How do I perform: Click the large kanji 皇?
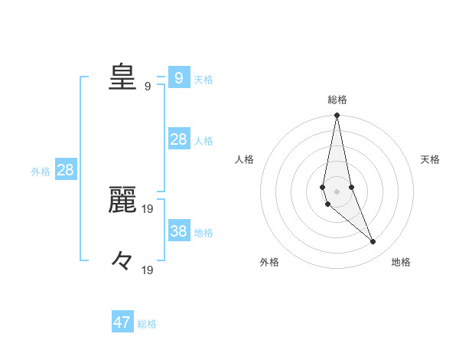click(x=122, y=77)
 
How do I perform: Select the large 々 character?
click(x=122, y=260)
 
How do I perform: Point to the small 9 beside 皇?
click(x=148, y=86)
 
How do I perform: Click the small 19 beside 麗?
click(x=148, y=208)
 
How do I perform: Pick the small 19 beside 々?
click(x=148, y=270)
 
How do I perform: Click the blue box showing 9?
click(x=178, y=77)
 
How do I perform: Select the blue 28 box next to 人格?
click(x=178, y=139)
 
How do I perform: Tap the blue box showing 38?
click(x=178, y=231)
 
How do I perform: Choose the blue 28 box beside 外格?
click(x=65, y=169)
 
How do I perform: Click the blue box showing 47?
click(x=122, y=322)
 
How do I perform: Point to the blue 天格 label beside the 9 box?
click(x=203, y=79)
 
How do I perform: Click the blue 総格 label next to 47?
click(x=147, y=324)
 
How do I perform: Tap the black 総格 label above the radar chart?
click(x=337, y=100)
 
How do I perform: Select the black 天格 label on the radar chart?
click(x=431, y=159)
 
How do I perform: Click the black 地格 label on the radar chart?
click(x=401, y=263)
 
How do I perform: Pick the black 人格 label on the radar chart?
click(x=244, y=159)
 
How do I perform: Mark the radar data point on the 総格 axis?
click(x=337, y=115)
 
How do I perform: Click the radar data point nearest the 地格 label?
click(x=373, y=242)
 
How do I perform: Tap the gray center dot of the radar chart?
click(x=337, y=191)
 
